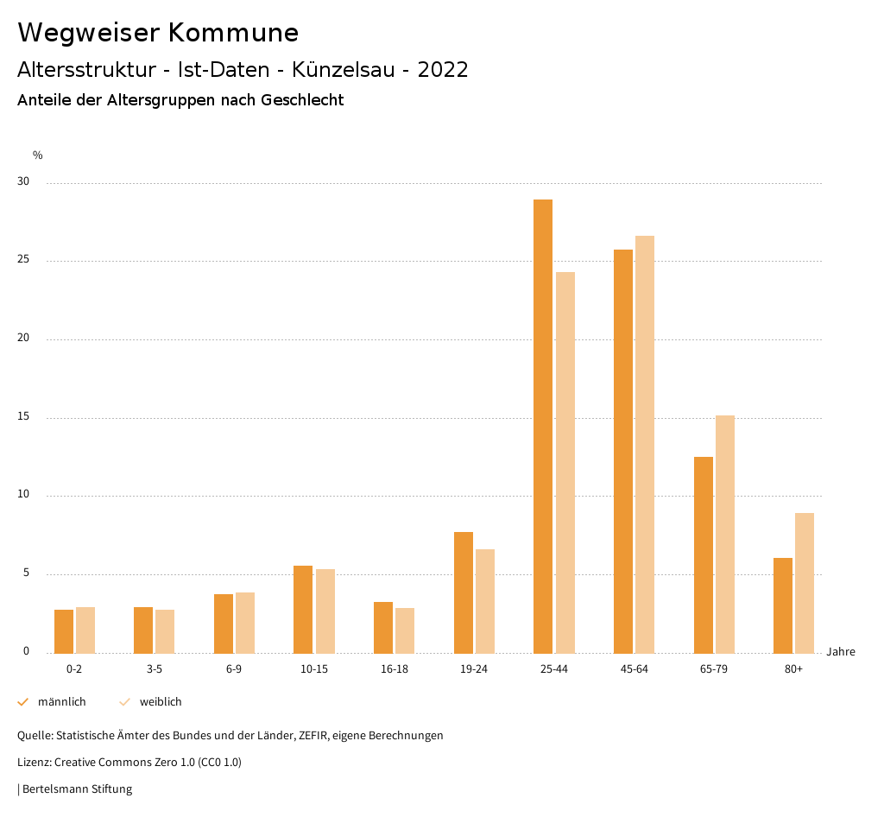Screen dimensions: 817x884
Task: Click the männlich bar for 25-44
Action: coord(543,427)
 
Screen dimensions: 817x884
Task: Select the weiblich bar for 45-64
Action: coord(645,445)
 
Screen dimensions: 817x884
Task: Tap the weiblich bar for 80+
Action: coord(805,583)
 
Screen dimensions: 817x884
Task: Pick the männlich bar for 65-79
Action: coord(704,555)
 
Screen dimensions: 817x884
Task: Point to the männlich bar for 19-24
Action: coord(464,592)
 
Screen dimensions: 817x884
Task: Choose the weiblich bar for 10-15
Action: coord(325,611)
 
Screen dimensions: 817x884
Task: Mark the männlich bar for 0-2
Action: coord(64,631)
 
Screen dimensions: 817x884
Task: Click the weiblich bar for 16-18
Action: coord(405,630)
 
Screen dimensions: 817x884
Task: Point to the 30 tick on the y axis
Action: coord(23,182)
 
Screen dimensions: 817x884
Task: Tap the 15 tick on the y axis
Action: coord(23,417)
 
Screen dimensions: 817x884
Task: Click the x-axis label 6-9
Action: coord(234,669)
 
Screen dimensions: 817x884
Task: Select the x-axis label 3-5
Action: coord(154,669)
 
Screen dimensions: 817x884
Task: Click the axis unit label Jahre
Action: coord(841,652)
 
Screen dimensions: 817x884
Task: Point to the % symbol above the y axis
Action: coord(38,155)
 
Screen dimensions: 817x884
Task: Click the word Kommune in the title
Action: coord(233,33)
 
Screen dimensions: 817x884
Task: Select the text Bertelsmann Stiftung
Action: coord(77,789)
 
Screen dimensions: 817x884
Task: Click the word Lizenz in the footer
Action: coord(35,763)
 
